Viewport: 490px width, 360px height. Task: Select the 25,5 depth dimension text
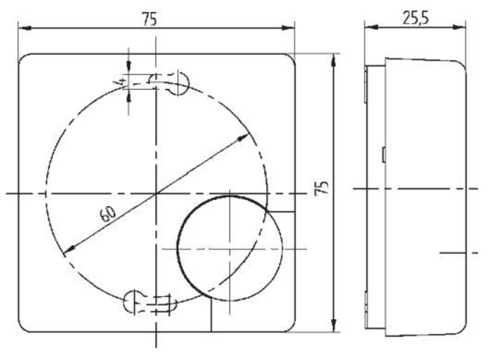[415, 18]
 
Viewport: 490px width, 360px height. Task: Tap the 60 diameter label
[108, 214]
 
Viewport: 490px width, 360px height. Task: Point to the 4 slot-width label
[121, 81]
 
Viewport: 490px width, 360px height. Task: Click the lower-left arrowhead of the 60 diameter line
[70, 249]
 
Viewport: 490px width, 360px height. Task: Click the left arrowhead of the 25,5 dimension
[371, 27]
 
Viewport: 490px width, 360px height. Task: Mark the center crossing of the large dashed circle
[156, 193]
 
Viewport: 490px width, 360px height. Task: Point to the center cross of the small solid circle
[230, 249]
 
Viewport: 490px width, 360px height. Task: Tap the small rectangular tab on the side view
[384, 155]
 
